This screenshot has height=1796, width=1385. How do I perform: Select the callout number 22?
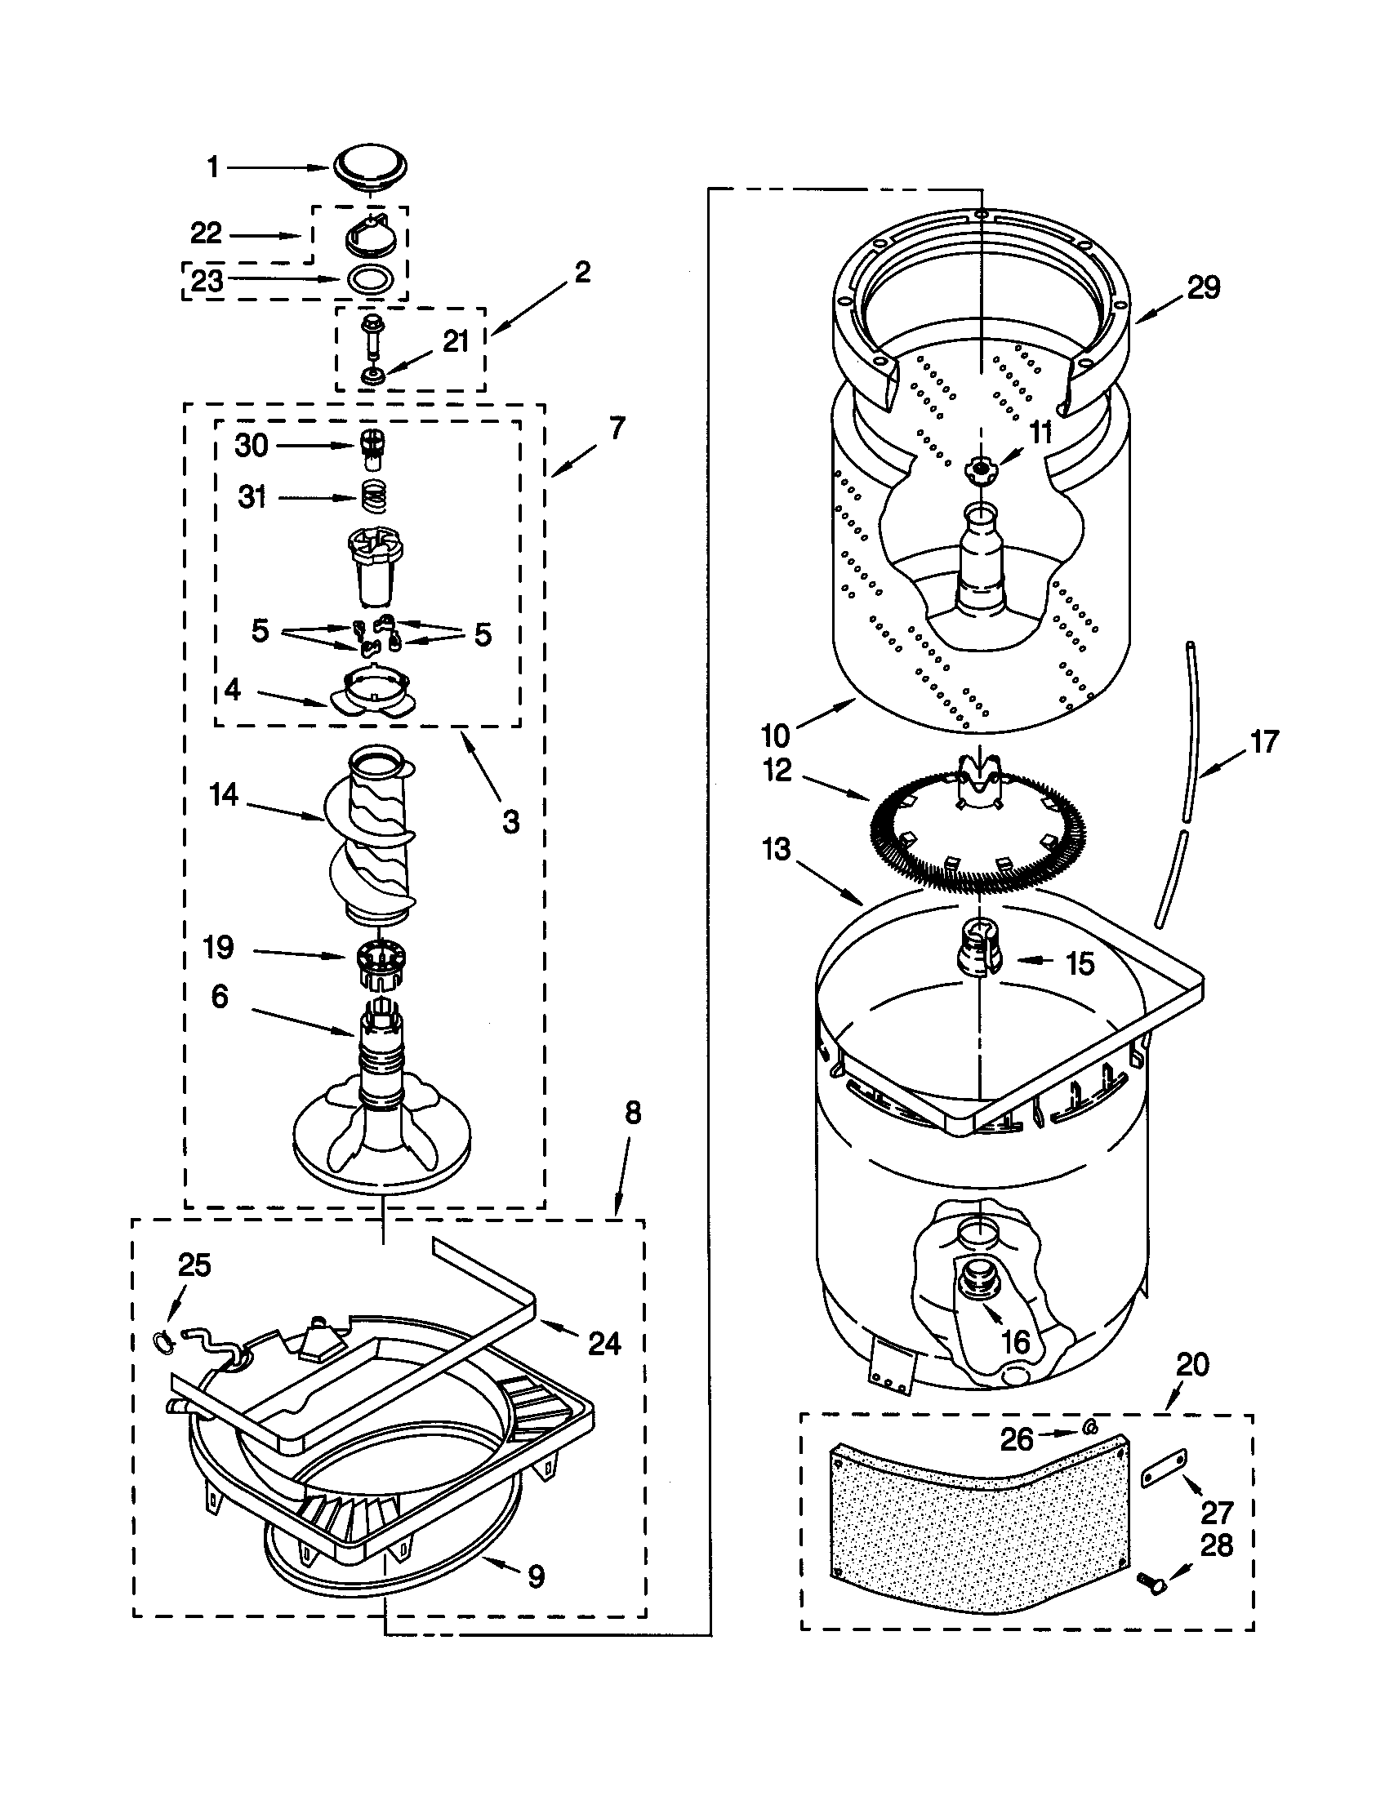tap(206, 234)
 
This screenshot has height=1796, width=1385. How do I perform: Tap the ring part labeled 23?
tap(368, 279)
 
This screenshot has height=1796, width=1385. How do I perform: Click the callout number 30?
tap(251, 446)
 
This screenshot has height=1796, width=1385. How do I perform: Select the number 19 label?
tap(218, 947)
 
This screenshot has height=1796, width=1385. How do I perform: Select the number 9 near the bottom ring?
tap(536, 1576)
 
